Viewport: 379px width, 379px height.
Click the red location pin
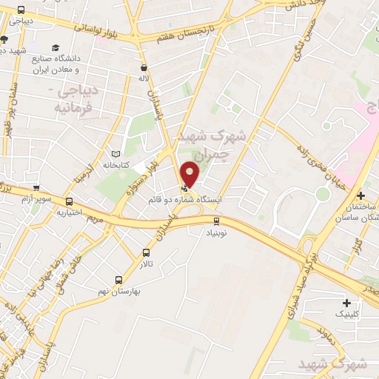[x=190, y=173]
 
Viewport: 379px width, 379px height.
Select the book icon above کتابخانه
[x=114, y=152]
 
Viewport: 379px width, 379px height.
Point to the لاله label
[x=144, y=76]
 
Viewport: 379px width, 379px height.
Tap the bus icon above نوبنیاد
[x=216, y=220]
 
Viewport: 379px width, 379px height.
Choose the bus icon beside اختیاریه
[x=70, y=201]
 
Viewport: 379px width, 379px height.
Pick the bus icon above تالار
[x=145, y=252]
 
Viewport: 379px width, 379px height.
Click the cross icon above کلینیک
[x=346, y=303]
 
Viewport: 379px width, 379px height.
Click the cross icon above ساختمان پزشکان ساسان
[x=360, y=196]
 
